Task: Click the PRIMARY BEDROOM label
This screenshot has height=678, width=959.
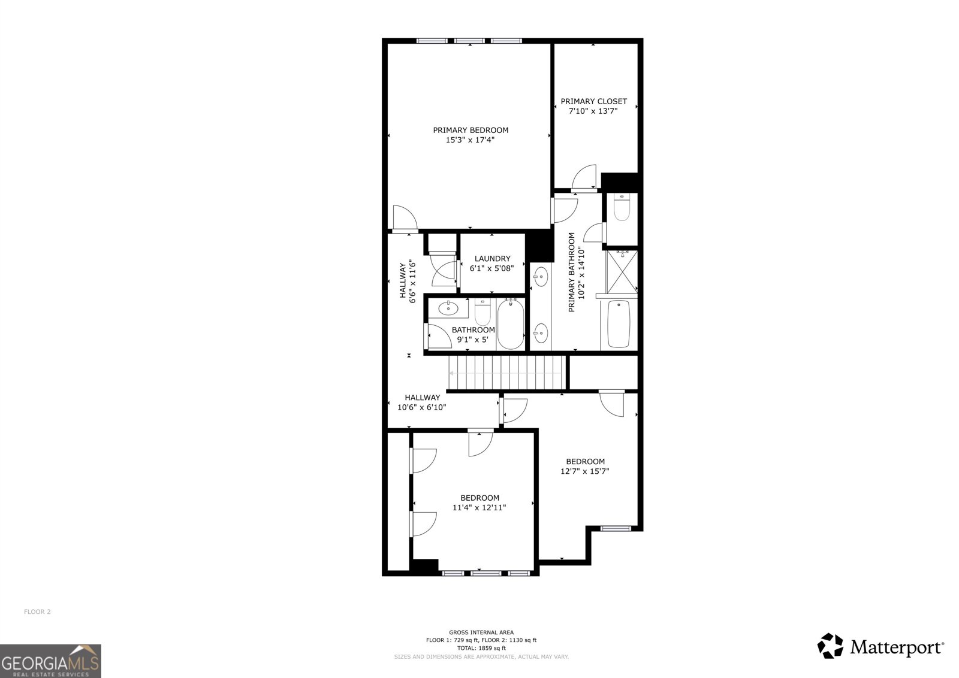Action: [x=471, y=130]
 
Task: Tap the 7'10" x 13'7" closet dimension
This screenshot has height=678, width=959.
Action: [x=593, y=111]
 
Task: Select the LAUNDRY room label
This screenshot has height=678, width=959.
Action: [x=492, y=259]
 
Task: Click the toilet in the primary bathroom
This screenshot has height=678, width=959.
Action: [x=622, y=207]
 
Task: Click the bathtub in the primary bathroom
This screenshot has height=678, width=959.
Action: [x=619, y=323]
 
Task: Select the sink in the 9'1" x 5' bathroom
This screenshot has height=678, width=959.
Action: [x=447, y=309]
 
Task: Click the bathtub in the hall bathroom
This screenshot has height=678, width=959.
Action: [x=510, y=324]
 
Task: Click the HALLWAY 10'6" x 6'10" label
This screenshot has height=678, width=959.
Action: [x=422, y=402]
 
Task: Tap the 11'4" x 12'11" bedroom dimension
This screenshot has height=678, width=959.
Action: [x=479, y=507]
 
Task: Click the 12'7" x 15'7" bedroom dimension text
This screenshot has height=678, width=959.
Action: [x=585, y=471]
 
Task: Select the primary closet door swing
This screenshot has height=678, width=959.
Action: [x=584, y=177]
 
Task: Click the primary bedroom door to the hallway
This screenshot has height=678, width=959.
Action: [x=405, y=218]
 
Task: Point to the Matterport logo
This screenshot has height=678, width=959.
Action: [x=881, y=646]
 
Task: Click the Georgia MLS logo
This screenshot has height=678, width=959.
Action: [x=50, y=661]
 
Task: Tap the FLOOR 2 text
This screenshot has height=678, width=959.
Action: [x=37, y=612]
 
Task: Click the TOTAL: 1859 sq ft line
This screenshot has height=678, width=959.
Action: [x=481, y=648]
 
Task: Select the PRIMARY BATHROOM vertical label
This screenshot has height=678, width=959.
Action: [x=575, y=272]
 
